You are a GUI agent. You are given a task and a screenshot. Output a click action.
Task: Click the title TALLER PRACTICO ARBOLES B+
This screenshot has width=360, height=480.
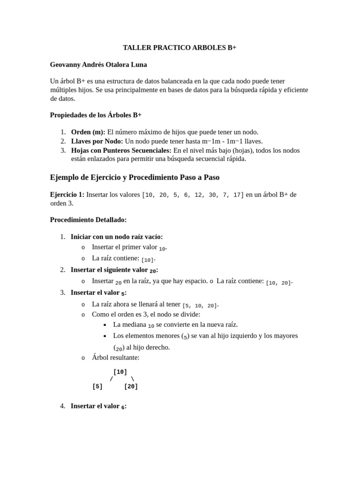[180, 48]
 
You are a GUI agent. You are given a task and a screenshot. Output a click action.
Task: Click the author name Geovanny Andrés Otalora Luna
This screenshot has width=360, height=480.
[98, 65]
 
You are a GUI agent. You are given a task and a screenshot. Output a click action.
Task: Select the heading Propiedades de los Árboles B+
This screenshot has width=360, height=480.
[96, 115]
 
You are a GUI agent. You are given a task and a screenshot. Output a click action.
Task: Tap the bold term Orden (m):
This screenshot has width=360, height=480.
[88, 132]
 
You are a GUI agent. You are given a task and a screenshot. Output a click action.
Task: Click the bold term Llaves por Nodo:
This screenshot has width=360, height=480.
[97, 141]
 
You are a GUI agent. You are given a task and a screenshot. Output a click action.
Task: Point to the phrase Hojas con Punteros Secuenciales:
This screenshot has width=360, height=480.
[121, 150]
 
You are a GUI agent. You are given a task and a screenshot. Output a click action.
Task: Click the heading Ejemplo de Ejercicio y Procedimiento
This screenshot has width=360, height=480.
[135, 178]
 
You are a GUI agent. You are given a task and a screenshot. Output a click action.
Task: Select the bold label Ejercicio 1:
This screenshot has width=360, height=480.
[67, 195]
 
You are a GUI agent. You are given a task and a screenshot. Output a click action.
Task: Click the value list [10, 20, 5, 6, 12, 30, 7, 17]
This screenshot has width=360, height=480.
[193, 195]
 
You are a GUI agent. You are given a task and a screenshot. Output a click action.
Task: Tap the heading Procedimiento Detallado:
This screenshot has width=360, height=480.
[88, 220]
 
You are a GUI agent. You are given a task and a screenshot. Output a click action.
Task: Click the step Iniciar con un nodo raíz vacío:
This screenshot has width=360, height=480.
[117, 237]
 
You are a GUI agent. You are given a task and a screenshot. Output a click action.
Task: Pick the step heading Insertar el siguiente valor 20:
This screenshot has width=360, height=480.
[114, 270]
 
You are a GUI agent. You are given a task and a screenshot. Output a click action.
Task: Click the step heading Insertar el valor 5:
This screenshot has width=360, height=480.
[98, 293]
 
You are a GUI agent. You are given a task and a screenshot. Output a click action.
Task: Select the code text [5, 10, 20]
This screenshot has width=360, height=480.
[200, 306]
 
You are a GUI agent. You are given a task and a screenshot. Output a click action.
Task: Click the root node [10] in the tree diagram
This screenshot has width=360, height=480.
[120, 372]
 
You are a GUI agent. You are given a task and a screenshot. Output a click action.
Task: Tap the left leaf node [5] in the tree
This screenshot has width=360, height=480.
[97, 387]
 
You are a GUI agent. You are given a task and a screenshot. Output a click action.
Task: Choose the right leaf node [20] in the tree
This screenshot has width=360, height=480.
[131, 387]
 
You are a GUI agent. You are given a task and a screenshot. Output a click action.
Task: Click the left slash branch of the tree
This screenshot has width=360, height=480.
[111, 379]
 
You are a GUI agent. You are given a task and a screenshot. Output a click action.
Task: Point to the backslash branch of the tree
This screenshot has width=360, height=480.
[133, 379]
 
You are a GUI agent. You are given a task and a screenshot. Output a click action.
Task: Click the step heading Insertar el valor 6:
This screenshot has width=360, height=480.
[98, 406]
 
